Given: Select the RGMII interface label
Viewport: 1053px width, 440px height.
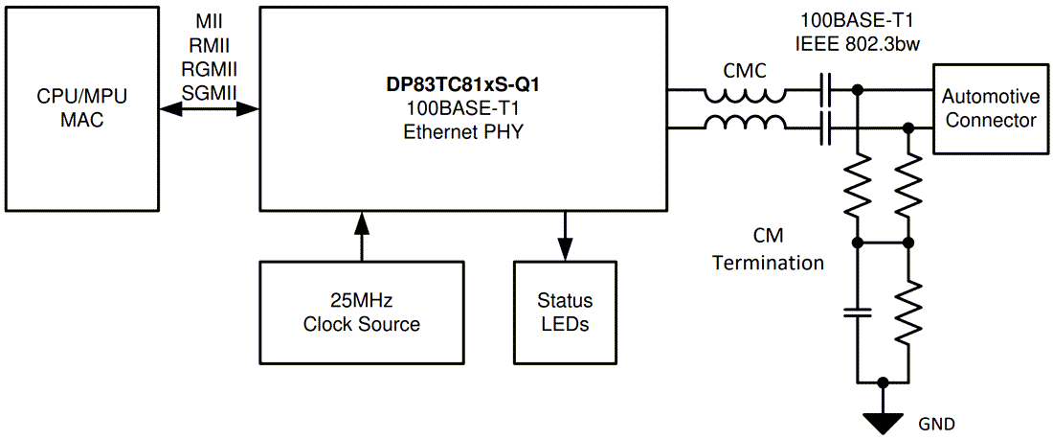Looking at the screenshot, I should [x=210, y=68].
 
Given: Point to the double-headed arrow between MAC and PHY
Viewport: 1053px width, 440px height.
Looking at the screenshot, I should [x=210, y=109].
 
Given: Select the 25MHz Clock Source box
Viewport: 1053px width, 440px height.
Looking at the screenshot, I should [x=361, y=312].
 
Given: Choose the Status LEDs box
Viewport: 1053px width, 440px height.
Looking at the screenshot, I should [x=564, y=312].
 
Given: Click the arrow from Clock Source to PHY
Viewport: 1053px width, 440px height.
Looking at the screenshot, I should [x=361, y=235].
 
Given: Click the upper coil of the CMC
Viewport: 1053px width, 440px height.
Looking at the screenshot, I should [x=746, y=94].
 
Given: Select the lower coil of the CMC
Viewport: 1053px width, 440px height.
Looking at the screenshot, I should [x=746, y=122].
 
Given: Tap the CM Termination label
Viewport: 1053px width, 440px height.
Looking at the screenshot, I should [x=768, y=249].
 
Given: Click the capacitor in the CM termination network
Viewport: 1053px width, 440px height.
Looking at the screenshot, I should [x=858, y=312].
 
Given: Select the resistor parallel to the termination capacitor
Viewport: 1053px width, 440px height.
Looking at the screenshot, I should [x=908, y=312].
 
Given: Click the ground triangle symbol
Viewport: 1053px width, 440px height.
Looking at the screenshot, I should [x=883, y=421].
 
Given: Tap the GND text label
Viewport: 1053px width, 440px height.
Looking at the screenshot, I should [x=936, y=423].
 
